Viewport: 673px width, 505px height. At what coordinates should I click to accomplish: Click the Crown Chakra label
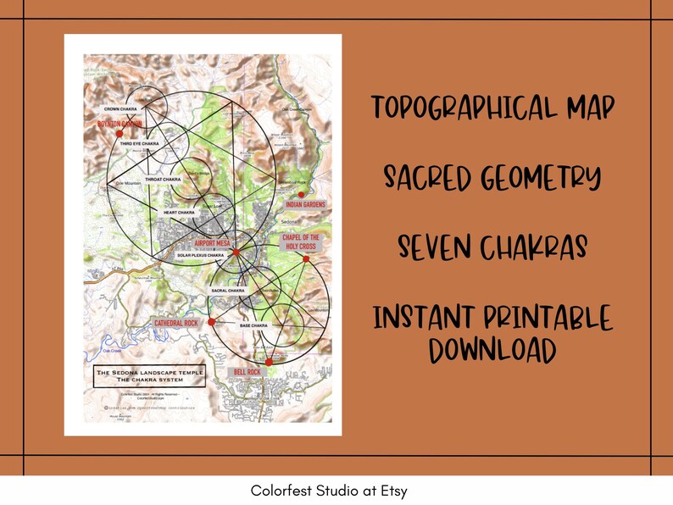point(122,109)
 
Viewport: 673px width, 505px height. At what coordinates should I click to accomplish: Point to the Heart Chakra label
point(180,212)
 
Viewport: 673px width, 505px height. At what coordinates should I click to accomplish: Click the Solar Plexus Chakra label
point(200,254)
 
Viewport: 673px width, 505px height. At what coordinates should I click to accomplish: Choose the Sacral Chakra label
point(229,291)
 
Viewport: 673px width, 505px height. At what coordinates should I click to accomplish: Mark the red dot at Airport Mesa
point(236,252)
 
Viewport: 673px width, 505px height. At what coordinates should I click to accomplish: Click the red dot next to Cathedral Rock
point(211,322)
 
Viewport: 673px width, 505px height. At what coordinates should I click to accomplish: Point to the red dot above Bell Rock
point(268,362)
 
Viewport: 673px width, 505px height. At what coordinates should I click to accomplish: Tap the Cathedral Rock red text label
point(176,324)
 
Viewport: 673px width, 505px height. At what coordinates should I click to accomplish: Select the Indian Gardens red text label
point(308,205)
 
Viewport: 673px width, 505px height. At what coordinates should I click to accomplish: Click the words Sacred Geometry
point(492,178)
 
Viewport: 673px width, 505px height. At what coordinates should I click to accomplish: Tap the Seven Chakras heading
point(492,248)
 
